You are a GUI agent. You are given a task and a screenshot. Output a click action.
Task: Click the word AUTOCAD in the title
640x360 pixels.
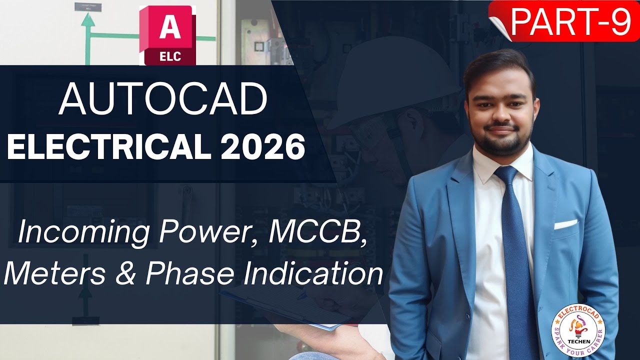[x=162, y=99]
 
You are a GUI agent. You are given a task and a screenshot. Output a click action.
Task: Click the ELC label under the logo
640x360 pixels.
[x=170, y=57]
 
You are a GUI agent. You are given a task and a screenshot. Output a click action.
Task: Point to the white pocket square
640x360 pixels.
[x=565, y=223]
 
